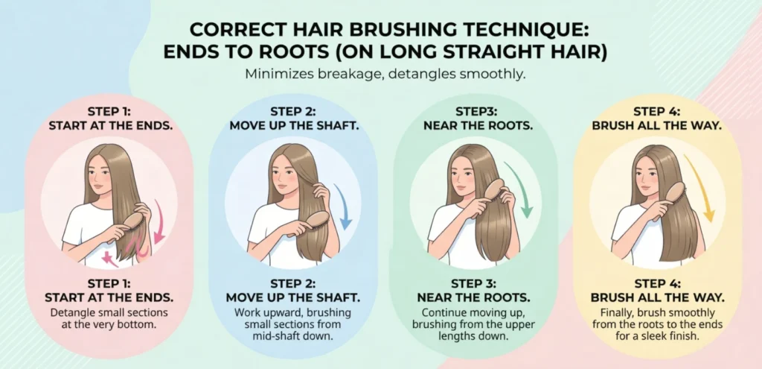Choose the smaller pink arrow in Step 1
[110, 259]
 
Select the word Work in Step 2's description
[246, 312]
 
